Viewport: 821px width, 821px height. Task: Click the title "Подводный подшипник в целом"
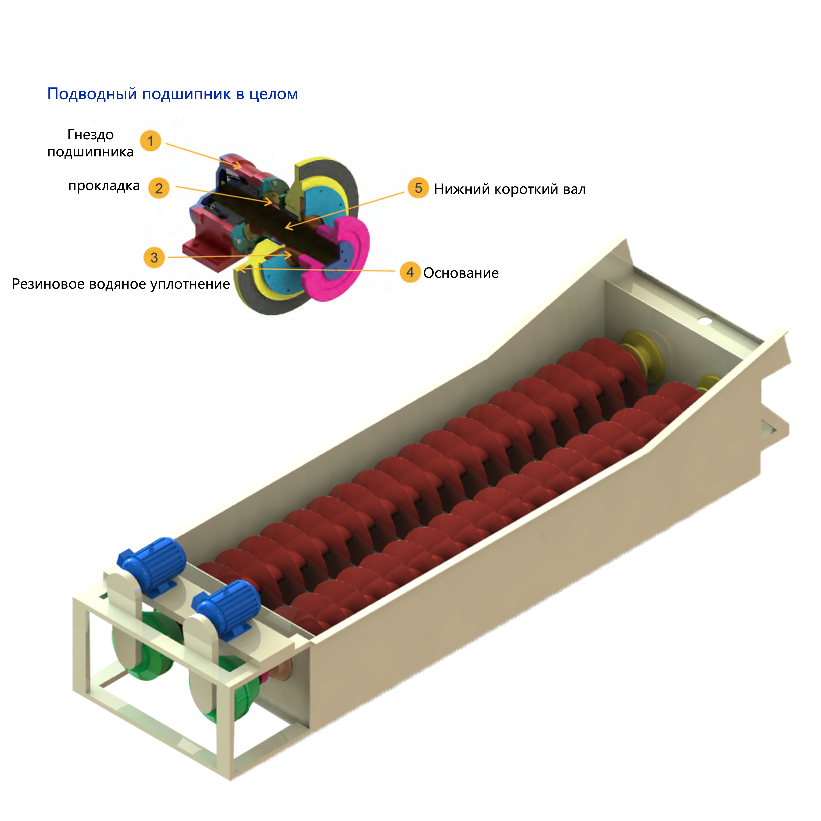click(173, 94)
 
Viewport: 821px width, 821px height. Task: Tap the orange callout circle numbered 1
click(150, 141)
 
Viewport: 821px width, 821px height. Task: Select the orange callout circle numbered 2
click(158, 188)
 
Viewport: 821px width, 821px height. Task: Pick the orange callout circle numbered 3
click(154, 257)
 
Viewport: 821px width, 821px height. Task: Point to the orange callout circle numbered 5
click(418, 188)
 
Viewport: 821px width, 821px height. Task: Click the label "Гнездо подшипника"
click(91, 143)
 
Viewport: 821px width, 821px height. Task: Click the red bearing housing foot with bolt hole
click(204, 252)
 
